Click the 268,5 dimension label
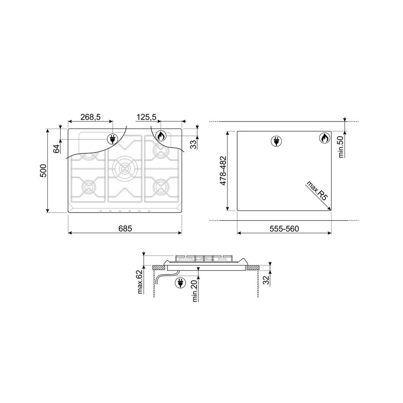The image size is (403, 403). (x=90, y=117)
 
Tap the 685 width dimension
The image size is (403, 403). (x=125, y=228)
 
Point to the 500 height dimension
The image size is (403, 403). (x=43, y=170)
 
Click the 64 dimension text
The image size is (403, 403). (x=56, y=149)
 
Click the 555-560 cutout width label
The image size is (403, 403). (x=284, y=229)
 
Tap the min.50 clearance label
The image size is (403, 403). (x=341, y=147)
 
